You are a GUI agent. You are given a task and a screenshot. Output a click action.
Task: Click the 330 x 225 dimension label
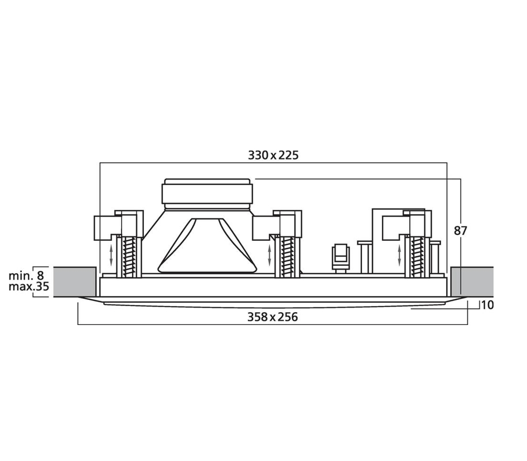click(x=273, y=155)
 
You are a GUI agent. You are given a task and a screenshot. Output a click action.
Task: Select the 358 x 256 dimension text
click(x=273, y=317)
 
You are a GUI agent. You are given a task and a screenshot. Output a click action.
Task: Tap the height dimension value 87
click(x=461, y=231)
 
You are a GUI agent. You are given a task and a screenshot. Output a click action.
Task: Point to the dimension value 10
click(x=487, y=305)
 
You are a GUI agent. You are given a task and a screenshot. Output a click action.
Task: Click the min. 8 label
click(x=26, y=276)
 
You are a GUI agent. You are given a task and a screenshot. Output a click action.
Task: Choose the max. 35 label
click(x=29, y=287)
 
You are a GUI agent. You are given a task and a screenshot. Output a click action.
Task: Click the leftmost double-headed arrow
click(x=112, y=255)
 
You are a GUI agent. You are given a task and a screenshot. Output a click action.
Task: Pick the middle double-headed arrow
click(x=269, y=255)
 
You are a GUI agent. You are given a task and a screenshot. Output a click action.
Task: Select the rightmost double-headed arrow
click(x=399, y=255)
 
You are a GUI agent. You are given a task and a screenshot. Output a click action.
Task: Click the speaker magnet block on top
click(x=206, y=192)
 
